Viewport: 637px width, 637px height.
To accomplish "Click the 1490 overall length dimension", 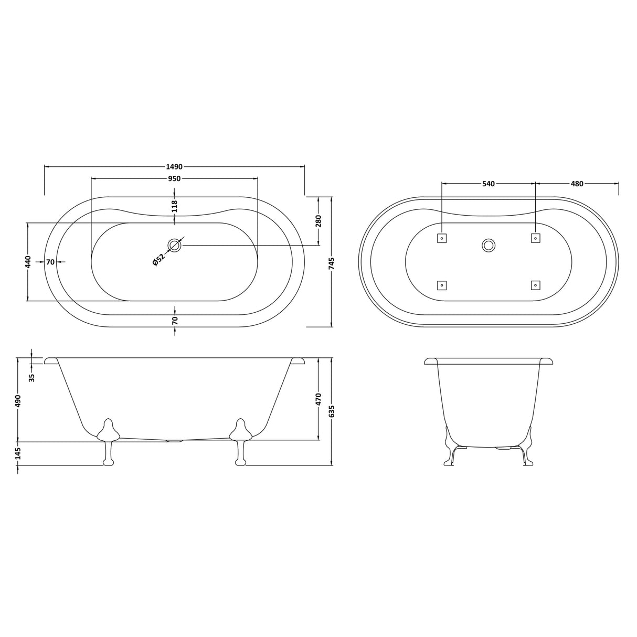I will [x=174, y=167].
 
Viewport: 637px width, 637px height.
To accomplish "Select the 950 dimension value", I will [x=174, y=179].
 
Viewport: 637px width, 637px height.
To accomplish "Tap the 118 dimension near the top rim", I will [x=175, y=206].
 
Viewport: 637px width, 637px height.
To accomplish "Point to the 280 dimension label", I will [x=318, y=221].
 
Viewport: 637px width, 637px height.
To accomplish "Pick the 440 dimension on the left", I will [x=28, y=261].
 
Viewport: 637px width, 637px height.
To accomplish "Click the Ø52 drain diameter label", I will [x=159, y=260].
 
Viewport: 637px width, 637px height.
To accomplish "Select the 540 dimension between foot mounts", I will [x=488, y=184].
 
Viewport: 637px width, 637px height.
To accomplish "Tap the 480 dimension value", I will [x=577, y=184].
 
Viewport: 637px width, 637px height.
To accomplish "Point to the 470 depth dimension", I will [x=318, y=399].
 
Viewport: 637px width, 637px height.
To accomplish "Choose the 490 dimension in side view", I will [x=18, y=400].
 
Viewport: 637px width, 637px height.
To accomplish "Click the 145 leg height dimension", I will [x=18, y=453].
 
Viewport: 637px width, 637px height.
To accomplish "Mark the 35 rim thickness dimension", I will [x=31, y=377].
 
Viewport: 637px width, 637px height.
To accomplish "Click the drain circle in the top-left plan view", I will [x=175, y=245].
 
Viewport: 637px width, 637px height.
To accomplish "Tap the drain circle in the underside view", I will [x=489, y=245].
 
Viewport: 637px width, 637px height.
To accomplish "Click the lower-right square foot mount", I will [x=535, y=285].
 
